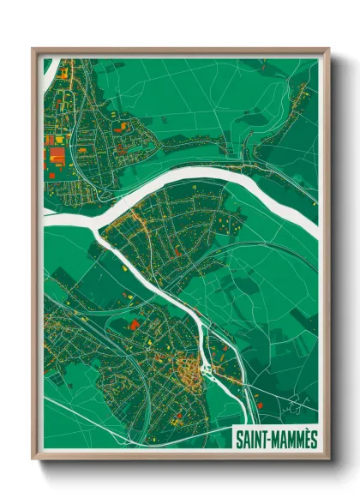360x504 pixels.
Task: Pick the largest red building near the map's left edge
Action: pos(56,155)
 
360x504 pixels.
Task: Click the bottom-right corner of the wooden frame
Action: pos(328,459)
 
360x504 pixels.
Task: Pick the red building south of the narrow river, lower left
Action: pos(135,324)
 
